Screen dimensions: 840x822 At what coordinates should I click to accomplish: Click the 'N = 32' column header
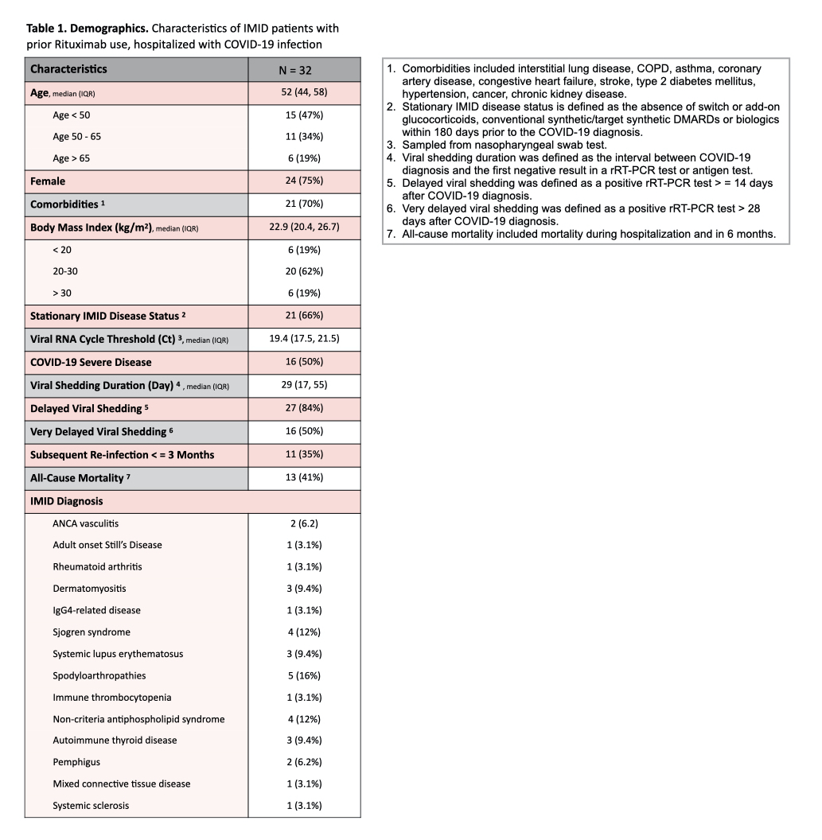(x=303, y=69)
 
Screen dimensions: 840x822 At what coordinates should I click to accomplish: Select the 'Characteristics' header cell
(x=68, y=69)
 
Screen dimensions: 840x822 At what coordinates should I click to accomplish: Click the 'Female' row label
(x=48, y=181)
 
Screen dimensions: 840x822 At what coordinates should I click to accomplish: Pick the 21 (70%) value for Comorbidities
(x=304, y=204)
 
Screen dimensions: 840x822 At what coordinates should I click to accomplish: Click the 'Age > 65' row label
(x=72, y=158)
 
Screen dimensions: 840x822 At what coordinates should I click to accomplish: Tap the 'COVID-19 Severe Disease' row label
(x=91, y=362)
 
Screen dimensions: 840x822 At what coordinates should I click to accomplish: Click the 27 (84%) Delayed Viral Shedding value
(x=304, y=409)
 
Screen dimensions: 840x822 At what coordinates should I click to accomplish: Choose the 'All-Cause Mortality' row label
(x=78, y=478)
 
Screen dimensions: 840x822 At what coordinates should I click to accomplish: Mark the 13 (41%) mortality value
(x=304, y=478)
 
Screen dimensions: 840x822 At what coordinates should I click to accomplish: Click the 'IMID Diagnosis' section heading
(x=66, y=501)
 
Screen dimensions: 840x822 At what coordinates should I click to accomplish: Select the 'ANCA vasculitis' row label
(x=85, y=523)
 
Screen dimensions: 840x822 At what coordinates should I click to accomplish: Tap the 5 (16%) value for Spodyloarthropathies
(x=304, y=675)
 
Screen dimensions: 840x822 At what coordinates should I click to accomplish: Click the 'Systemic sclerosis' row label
(x=91, y=806)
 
